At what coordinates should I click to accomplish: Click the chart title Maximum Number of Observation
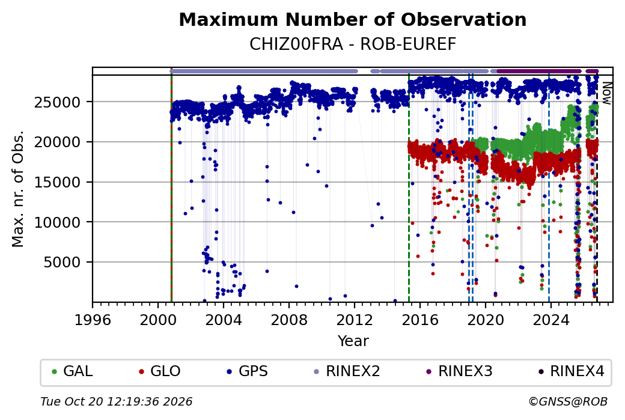[x=352, y=19]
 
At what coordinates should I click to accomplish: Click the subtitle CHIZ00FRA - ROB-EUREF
[x=352, y=44]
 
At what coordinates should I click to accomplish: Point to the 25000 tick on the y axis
[x=58, y=102]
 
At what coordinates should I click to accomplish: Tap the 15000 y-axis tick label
[x=58, y=182]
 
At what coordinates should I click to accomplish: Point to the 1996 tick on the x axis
[x=93, y=320]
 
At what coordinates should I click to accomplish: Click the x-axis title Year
[x=353, y=341]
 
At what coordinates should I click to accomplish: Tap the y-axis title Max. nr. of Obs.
[x=18, y=189]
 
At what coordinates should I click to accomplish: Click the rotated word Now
[x=606, y=93]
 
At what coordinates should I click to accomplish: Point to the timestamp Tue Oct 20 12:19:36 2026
[x=117, y=401]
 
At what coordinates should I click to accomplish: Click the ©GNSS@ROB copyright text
[x=568, y=401]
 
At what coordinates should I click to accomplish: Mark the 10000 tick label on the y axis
[x=58, y=222]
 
